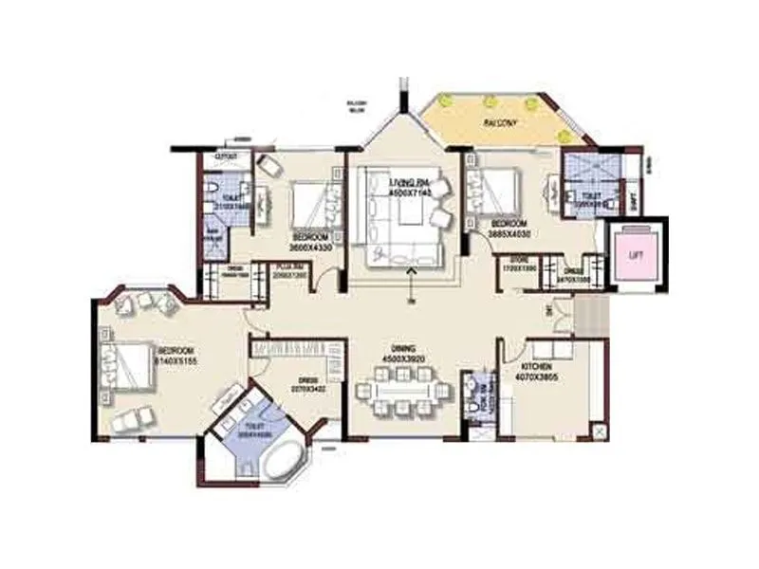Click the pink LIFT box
coord(632,254)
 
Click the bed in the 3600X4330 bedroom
coord(310,202)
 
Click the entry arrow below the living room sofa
coord(410,275)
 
